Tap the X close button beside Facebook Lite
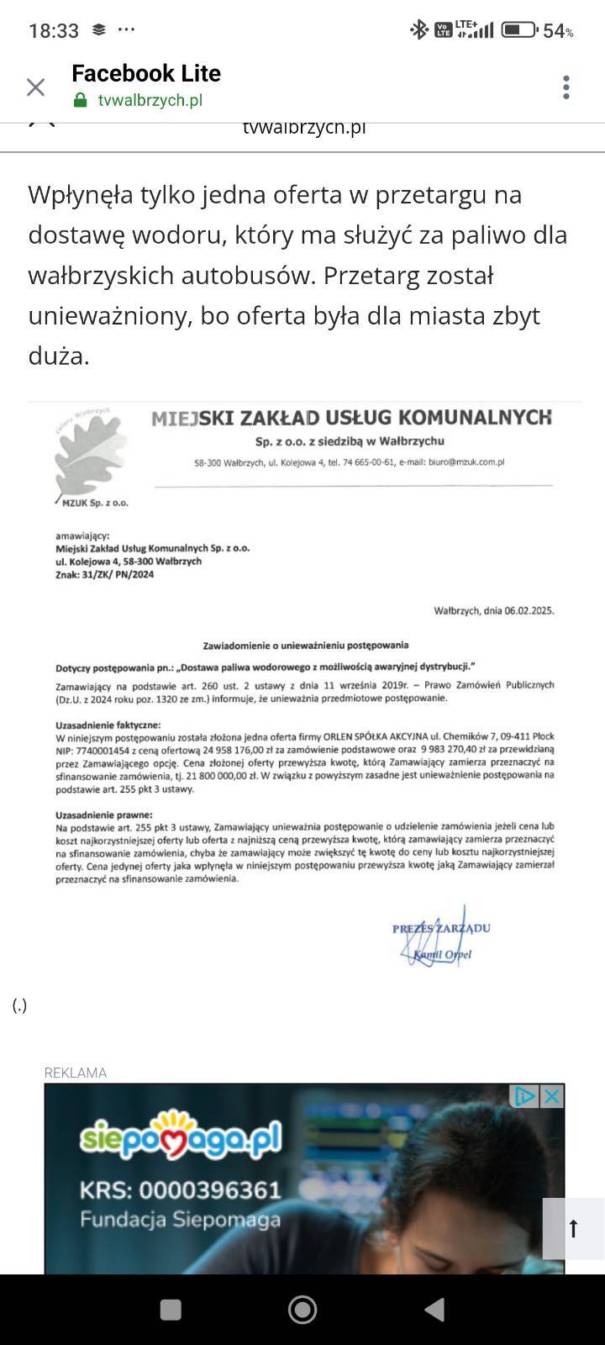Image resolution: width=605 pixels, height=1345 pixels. tap(35, 87)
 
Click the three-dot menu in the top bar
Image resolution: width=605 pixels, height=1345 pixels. tap(566, 87)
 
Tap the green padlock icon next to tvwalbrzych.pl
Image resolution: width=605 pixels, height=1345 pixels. tap(81, 101)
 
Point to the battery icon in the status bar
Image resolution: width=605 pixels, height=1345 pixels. tap(519, 30)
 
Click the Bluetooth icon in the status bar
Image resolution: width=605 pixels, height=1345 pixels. tap(418, 30)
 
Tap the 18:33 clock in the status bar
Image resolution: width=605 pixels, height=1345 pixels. tap(54, 31)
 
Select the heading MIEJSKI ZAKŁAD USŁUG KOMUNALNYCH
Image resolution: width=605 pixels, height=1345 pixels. tap(351, 418)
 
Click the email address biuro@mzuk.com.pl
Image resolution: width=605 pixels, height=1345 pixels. tap(466, 462)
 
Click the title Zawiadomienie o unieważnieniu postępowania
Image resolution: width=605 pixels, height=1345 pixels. tap(306, 646)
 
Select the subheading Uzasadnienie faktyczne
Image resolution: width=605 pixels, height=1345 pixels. tap(108, 725)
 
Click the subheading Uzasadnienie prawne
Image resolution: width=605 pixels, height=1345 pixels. tap(104, 815)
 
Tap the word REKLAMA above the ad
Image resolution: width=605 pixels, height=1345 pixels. tap(76, 1073)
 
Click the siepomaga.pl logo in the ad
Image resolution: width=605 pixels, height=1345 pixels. tap(181, 1137)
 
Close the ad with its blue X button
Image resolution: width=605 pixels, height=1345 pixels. tap(551, 1096)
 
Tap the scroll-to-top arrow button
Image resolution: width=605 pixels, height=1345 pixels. tap(574, 1228)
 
